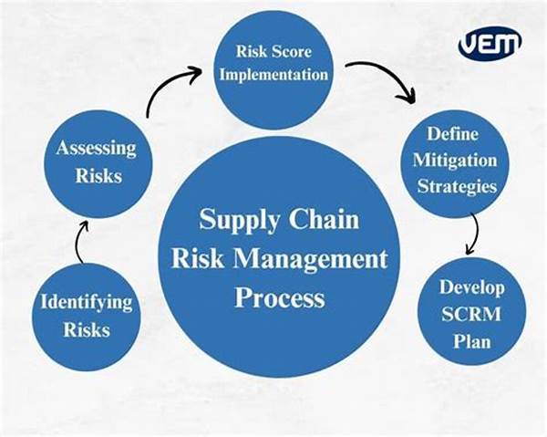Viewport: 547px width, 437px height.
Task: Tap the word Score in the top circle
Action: click(292, 52)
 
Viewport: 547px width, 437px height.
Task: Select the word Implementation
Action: click(273, 75)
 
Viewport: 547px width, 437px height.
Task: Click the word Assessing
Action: click(96, 149)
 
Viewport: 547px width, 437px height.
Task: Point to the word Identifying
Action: click(87, 302)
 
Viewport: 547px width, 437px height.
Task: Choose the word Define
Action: click(453, 134)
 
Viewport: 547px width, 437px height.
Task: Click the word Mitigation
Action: click(455, 161)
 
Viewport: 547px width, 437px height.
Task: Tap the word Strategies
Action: click(457, 186)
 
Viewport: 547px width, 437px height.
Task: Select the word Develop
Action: click(472, 288)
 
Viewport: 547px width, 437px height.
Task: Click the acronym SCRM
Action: click(471, 314)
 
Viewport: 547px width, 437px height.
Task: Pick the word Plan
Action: click(472, 340)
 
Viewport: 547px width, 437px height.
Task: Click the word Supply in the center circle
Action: click(240, 220)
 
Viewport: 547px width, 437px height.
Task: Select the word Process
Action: click(280, 297)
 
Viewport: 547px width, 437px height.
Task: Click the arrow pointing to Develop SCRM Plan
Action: click(475, 234)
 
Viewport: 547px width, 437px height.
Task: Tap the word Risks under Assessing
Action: click(98, 175)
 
